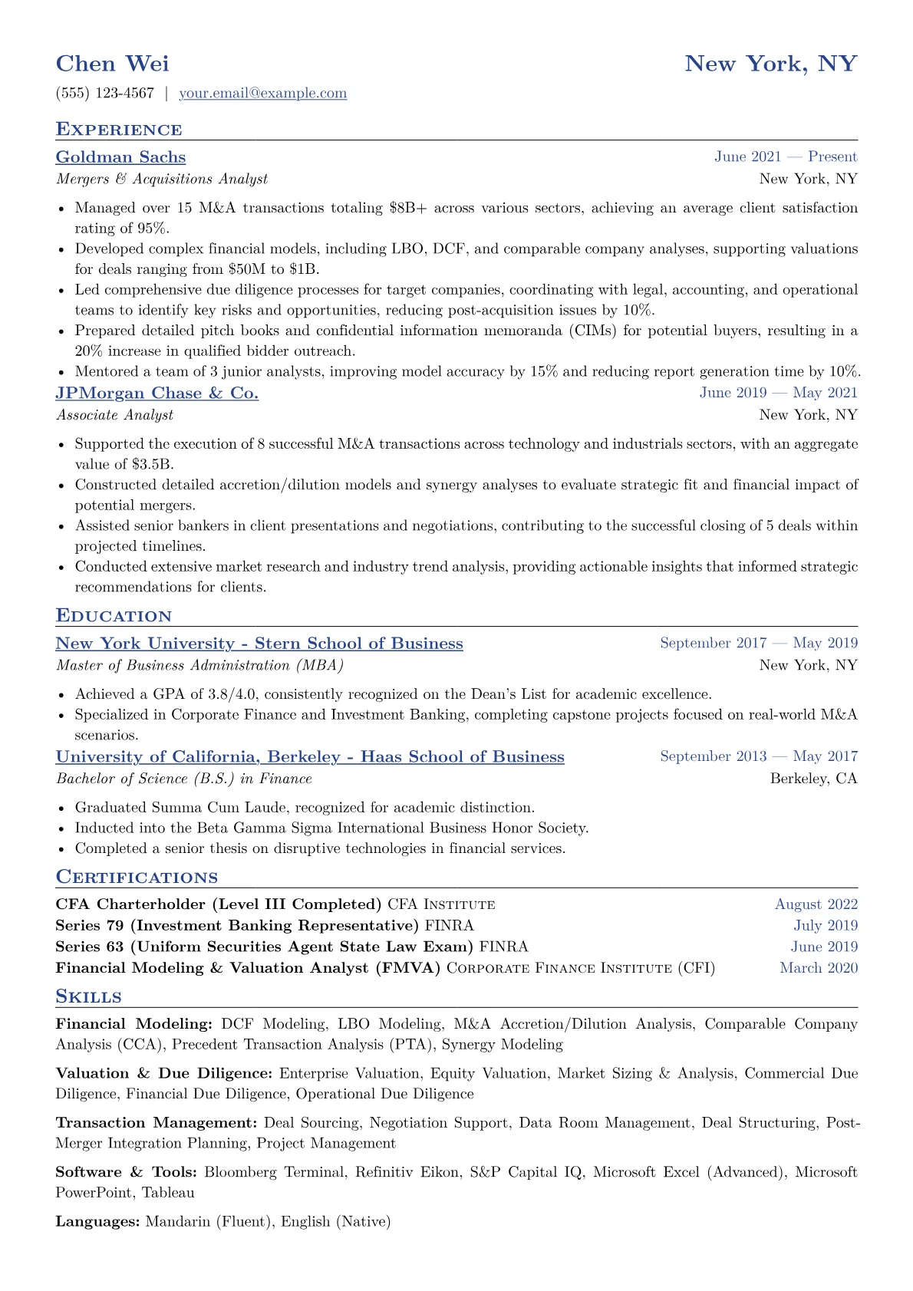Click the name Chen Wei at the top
coord(113,64)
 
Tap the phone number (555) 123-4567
coord(105,94)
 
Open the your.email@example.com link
coord(262,94)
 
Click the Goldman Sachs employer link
coord(120,157)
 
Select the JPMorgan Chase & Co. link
coord(157,394)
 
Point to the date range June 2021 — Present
coord(786,157)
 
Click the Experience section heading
coord(119,130)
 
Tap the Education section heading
coord(114,616)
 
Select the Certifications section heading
coord(137,878)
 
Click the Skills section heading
coord(88,997)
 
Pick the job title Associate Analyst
coord(114,415)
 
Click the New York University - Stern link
coord(259,644)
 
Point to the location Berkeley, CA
coord(813,779)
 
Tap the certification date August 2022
coord(816,904)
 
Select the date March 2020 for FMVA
coord(819,968)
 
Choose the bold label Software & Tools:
coord(127,1172)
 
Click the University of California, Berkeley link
coord(310,757)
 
